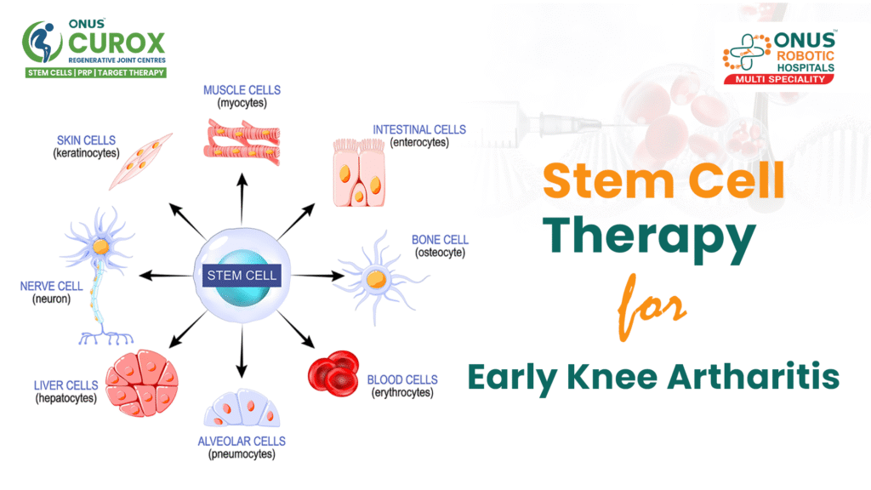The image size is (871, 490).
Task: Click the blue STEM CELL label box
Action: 242,276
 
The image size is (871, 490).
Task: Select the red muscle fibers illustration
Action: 242,140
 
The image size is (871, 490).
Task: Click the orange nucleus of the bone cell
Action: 374,278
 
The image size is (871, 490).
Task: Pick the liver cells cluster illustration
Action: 142,381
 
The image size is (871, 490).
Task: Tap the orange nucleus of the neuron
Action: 101,247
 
